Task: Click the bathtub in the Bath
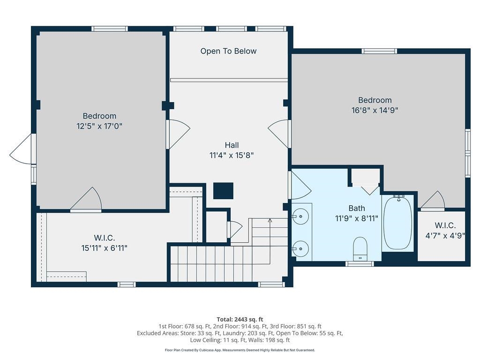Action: point(398,223)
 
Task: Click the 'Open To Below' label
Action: point(228,51)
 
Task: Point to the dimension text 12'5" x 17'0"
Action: point(99,126)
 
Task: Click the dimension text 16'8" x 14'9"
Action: point(375,110)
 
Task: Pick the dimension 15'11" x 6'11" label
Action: point(104,248)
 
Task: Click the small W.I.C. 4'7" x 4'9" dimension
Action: point(445,236)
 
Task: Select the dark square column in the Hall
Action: point(223,191)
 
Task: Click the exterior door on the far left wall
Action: point(22,150)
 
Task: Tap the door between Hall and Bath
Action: point(299,186)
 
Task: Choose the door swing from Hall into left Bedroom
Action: point(178,134)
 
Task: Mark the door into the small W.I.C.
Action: point(433,201)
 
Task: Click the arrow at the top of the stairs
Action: point(270,220)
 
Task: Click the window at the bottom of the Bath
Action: point(360,264)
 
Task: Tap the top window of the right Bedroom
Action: point(379,51)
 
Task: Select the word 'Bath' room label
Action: point(356,208)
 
